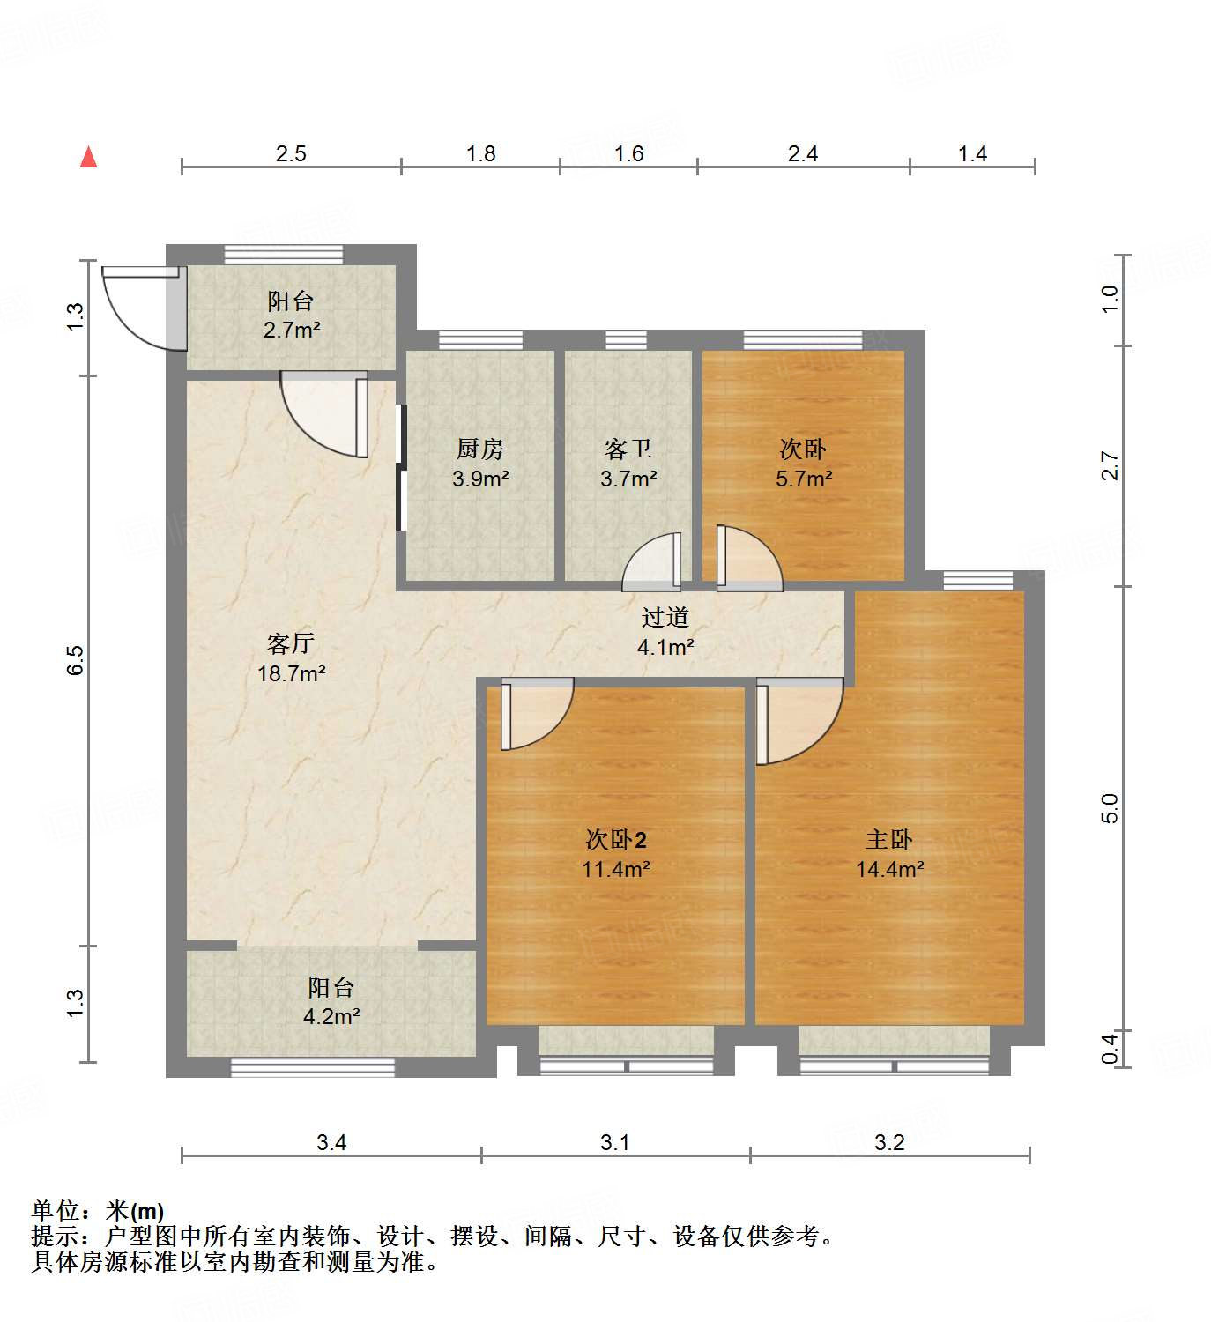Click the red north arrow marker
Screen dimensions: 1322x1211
pos(88,157)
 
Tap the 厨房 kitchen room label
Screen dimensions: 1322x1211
pos(479,449)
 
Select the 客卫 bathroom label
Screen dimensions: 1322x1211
pos(628,449)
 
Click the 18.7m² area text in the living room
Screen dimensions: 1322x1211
pos(291,674)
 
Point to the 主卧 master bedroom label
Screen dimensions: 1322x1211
pos(888,840)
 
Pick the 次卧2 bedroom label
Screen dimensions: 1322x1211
pos(616,840)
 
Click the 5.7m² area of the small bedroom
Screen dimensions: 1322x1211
pos(803,479)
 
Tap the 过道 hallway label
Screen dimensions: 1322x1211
pos(665,618)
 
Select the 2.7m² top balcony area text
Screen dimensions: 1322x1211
pos(291,331)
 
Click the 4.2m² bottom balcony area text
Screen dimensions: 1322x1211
pos(331,1017)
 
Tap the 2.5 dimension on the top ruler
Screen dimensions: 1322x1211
pos(290,154)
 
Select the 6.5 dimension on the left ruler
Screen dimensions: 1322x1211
pos(76,660)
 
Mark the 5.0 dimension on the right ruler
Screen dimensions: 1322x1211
pos(1110,808)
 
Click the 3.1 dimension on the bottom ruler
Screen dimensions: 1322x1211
pos(614,1143)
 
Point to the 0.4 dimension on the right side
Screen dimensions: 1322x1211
pos(1110,1048)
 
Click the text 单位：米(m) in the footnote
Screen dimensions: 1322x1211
pos(98,1211)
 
